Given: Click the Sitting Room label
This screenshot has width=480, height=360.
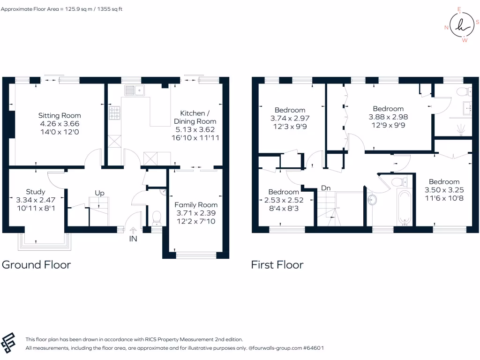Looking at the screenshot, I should point(60,115).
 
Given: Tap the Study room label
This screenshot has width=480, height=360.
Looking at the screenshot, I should point(36,192).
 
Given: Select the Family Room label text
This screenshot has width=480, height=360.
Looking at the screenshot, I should point(196,205).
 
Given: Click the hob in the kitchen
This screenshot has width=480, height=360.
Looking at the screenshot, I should point(115,113).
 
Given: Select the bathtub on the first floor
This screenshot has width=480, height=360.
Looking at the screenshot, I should point(405,207).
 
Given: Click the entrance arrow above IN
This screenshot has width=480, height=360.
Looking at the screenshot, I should point(133,230).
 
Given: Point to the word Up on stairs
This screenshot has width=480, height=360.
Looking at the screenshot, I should point(99,193).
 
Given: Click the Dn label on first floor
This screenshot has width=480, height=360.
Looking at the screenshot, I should point(326,188).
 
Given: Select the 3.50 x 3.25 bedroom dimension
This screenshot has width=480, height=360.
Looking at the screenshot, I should point(444,190).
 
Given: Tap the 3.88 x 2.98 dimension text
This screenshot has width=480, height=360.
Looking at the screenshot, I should point(388,117).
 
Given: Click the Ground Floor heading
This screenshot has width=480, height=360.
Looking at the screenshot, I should point(37,265).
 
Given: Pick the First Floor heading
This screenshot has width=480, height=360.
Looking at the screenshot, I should point(277,265).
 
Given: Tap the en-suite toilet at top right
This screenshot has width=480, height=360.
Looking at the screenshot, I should point(465,90).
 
